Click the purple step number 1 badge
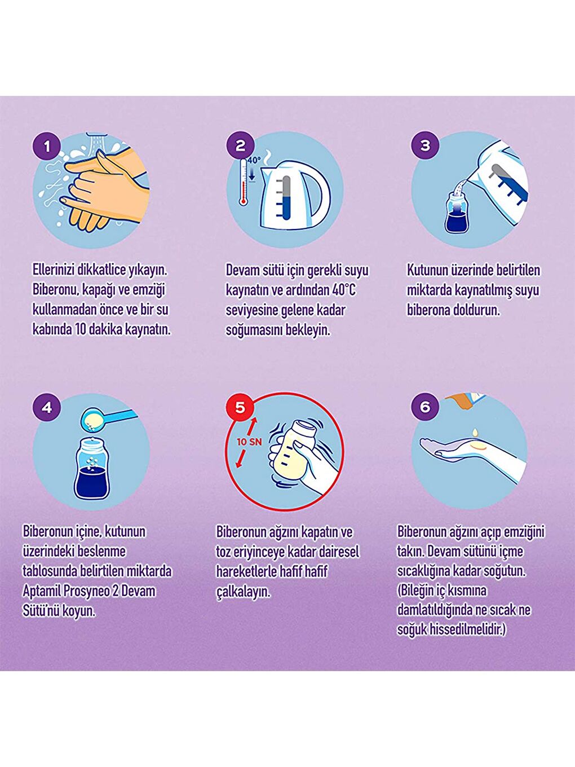click(47, 147)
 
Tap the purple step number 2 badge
click(241, 146)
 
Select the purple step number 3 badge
click(425, 145)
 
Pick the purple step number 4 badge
click(47, 407)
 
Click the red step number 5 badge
click(240, 407)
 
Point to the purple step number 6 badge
click(425, 407)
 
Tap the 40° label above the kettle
click(254, 161)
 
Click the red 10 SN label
click(249, 442)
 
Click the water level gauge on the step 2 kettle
click(286, 198)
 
